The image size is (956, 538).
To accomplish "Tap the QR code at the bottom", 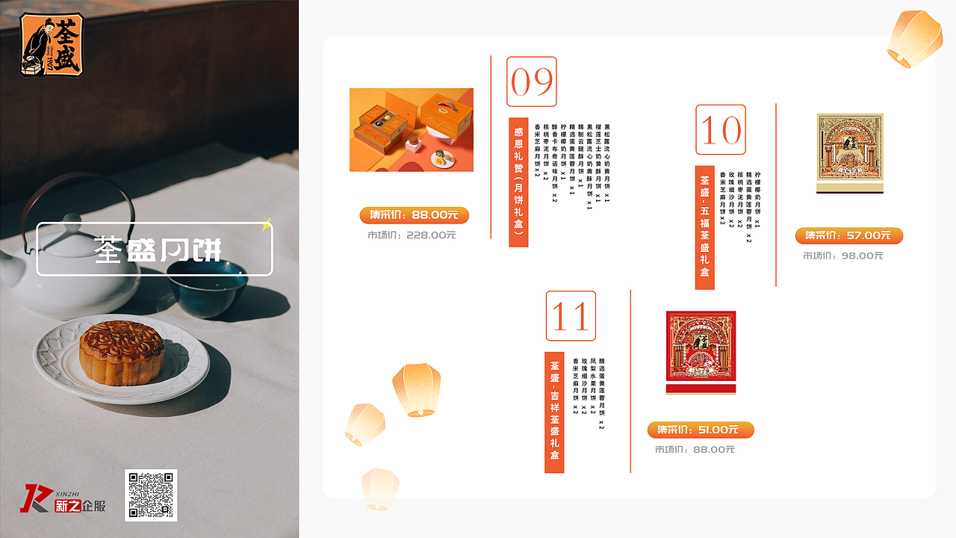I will click(x=151, y=495).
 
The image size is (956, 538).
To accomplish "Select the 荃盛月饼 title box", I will click(x=155, y=249).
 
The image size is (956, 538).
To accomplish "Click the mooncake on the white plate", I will click(x=122, y=351).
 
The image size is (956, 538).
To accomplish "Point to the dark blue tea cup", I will click(x=201, y=287).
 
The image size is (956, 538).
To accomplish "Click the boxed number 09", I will click(x=532, y=81).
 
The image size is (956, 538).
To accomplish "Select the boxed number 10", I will click(x=721, y=130).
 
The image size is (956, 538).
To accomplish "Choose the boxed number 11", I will click(x=571, y=315).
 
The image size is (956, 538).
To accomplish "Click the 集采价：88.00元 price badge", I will click(x=414, y=215).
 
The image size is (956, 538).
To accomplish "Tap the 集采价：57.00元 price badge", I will click(x=848, y=236).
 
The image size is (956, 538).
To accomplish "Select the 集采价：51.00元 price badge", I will click(x=701, y=430).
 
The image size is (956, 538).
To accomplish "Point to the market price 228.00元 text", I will click(x=412, y=235).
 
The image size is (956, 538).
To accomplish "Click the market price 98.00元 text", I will click(x=843, y=256).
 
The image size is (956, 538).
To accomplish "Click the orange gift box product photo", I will click(x=412, y=130).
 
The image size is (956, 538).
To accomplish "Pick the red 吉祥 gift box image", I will click(x=701, y=351).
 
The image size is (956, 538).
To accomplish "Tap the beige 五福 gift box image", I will click(x=850, y=152).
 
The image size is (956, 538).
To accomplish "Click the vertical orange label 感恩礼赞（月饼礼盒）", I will click(x=518, y=182).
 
